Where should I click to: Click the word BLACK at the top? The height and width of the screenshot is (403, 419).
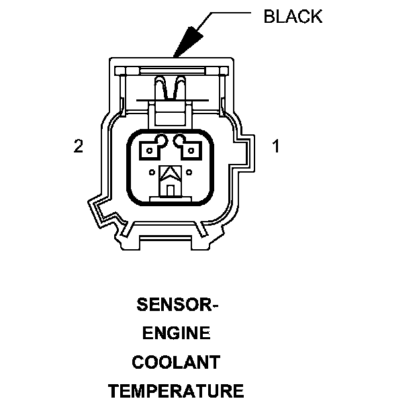293,17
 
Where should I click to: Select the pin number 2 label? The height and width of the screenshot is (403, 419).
79,146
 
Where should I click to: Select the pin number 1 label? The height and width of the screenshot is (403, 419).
275,146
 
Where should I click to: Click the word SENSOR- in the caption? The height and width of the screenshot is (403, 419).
177,306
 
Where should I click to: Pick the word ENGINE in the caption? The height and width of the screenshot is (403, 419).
177,334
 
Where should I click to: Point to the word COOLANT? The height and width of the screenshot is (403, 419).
176,362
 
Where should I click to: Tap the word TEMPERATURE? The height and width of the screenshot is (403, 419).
176,390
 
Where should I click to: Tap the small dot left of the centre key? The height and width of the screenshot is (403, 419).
152,173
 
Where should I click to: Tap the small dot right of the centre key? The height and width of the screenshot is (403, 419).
190,173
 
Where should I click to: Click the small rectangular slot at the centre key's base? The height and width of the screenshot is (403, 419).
171,191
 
